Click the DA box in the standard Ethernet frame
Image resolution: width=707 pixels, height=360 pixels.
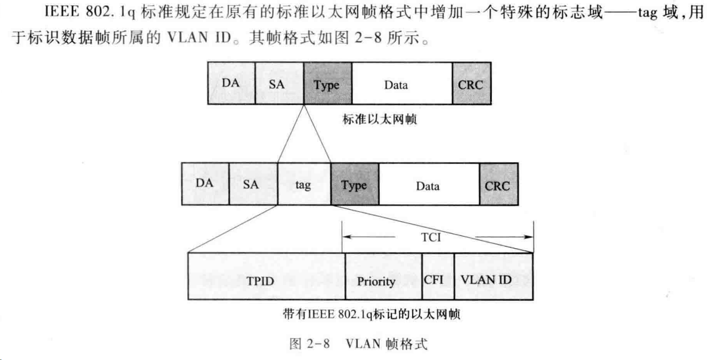coord(231,84)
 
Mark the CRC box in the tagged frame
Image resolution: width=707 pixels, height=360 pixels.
coord(498,185)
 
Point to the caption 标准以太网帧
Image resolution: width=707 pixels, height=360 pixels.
coord(380,120)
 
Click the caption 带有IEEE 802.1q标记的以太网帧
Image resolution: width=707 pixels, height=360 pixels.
coord(371,316)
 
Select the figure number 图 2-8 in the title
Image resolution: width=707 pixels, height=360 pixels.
coord(310,344)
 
